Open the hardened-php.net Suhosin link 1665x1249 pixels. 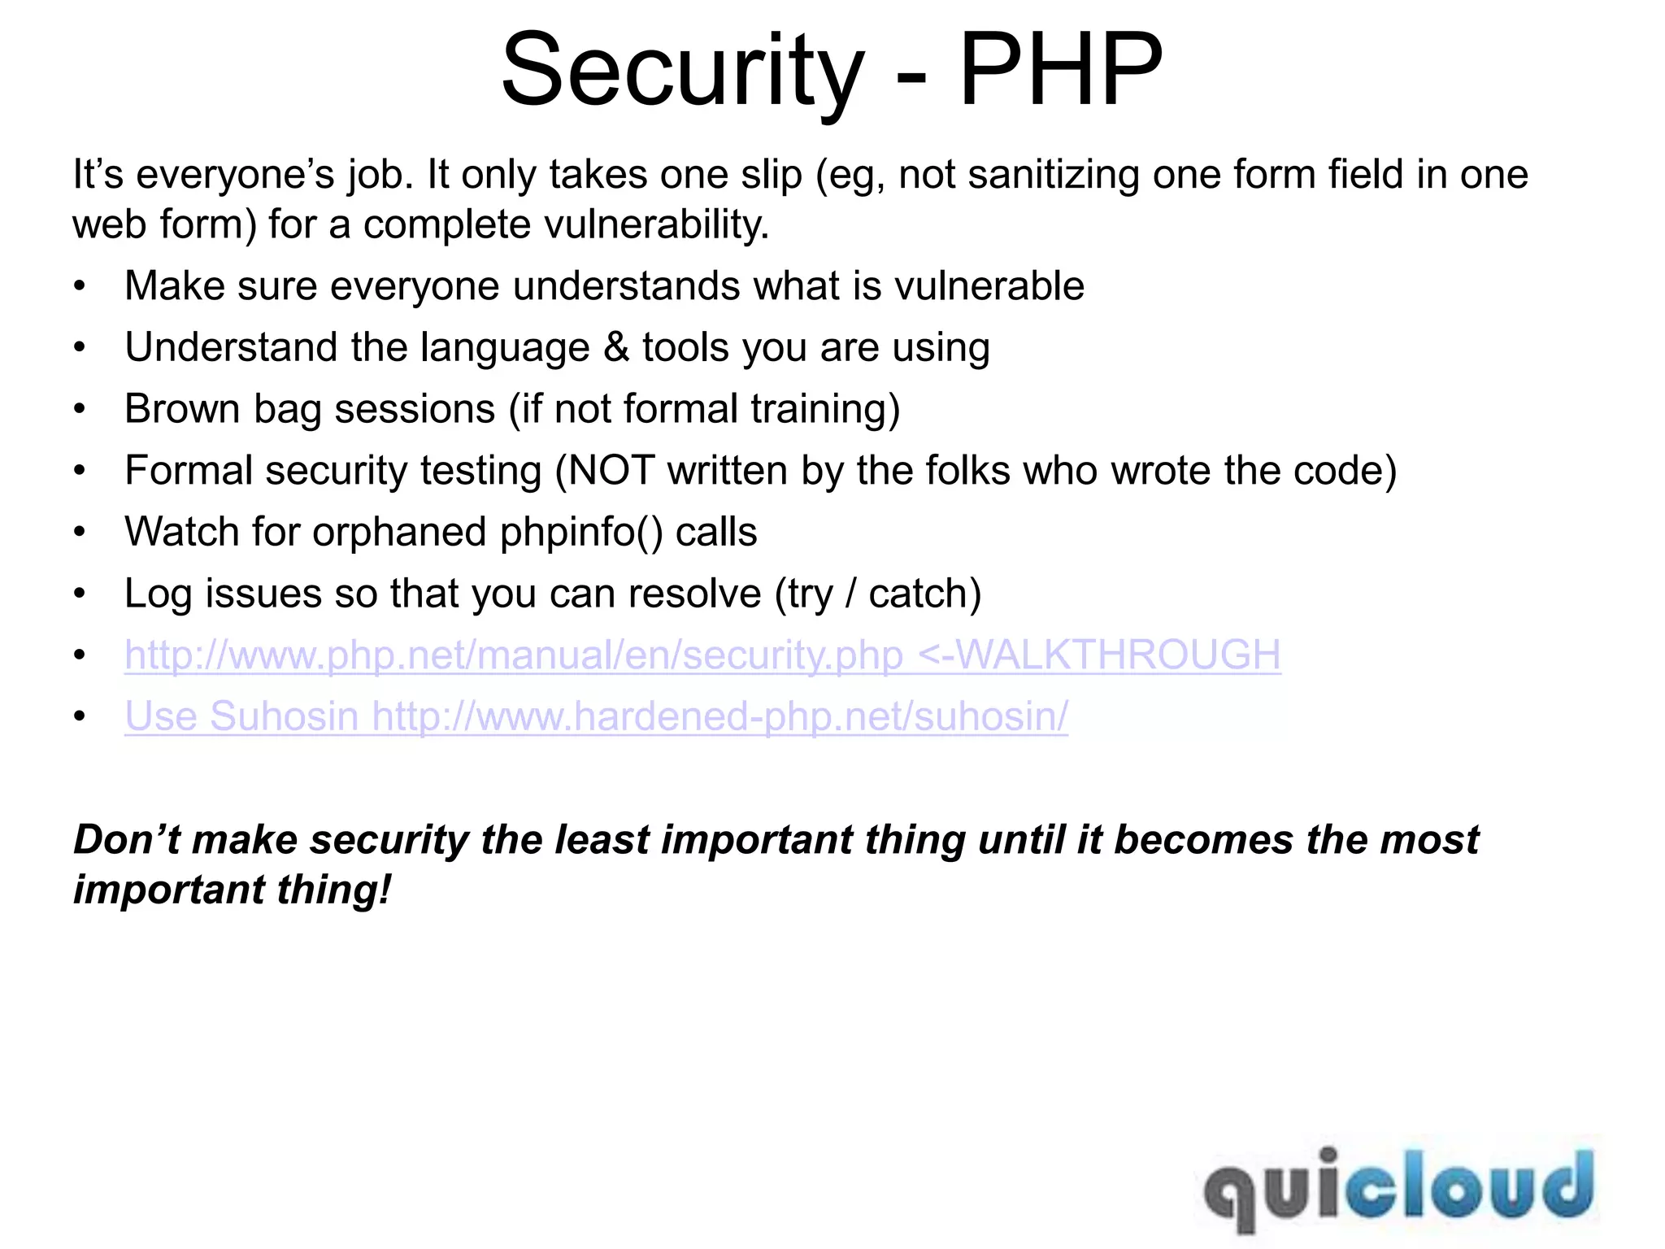click(720, 717)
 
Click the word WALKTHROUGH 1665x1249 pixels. click(1118, 655)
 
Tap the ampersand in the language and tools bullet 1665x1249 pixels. click(616, 348)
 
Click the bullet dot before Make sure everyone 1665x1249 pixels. click(79, 286)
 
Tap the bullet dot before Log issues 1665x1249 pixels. click(79, 594)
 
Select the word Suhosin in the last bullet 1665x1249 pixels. click(284, 717)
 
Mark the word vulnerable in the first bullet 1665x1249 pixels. click(989, 286)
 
